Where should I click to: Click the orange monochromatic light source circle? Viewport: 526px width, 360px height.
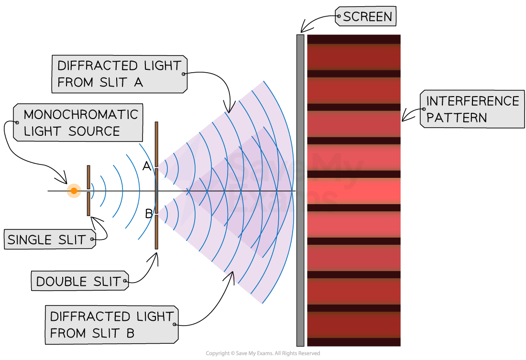tap(74, 191)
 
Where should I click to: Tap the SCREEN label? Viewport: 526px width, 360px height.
tap(366, 17)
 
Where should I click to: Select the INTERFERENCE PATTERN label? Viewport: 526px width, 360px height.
tap(472, 109)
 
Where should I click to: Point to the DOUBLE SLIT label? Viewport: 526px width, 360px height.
tap(79, 281)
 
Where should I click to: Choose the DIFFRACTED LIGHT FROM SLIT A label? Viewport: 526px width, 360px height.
tap(119, 74)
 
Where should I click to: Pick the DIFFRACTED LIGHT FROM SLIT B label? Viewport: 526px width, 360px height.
tap(111, 325)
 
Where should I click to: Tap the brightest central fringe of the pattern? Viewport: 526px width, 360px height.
tap(353, 191)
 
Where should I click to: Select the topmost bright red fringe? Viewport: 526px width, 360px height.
tap(353, 57)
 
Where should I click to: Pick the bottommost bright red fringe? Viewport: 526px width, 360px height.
tap(353, 325)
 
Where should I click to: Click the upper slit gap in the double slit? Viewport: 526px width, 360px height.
tap(156, 167)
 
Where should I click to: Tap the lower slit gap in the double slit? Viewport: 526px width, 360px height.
tap(156, 215)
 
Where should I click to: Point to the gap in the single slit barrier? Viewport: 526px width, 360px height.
tap(88, 191)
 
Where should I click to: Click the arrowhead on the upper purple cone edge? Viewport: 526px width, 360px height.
tap(230, 108)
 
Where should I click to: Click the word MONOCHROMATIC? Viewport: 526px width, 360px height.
tap(80, 115)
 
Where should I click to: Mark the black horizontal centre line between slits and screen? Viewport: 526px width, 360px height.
tap(239, 191)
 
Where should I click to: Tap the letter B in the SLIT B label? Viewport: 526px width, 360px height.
tap(130, 333)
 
